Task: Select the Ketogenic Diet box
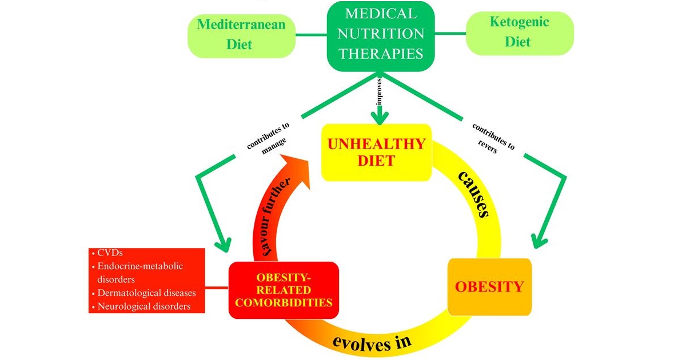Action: pyautogui.click(x=519, y=33)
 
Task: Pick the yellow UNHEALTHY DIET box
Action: pyautogui.click(x=376, y=152)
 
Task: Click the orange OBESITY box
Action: pyautogui.click(x=489, y=286)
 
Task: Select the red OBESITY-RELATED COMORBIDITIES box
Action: pyautogui.click(x=284, y=290)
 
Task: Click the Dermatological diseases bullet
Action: pyautogui.click(x=146, y=293)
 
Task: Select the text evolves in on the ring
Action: pyautogui.click(x=372, y=342)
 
